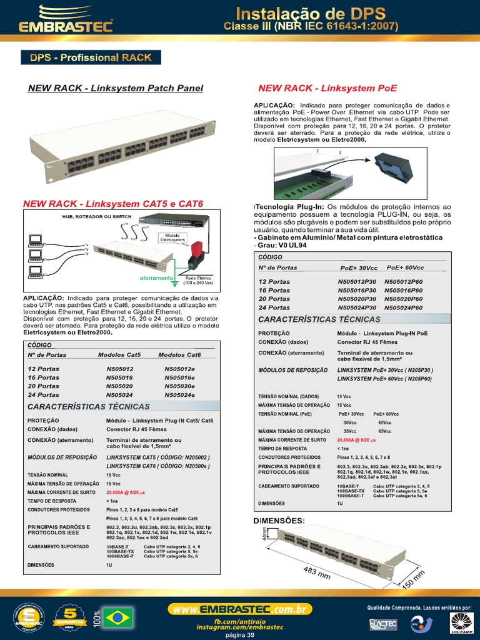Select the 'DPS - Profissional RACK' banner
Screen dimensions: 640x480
point(91,57)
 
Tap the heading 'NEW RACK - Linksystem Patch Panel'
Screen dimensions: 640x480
point(116,88)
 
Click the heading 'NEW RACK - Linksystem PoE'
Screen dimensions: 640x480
point(327,88)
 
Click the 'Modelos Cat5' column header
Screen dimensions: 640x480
point(119,354)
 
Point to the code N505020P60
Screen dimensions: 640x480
point(403,299)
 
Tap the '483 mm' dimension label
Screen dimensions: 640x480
point(316,572)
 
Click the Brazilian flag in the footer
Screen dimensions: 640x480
point(121,618)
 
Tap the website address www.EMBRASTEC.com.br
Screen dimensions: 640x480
point(239,609)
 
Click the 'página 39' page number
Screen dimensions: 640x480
point(239,635)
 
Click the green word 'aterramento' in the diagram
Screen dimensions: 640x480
point(156,277)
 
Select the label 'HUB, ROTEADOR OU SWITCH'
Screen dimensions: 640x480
point(96,216)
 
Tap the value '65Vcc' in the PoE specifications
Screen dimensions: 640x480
point(385,431)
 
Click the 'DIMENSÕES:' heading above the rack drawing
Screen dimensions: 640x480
point(279,520)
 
